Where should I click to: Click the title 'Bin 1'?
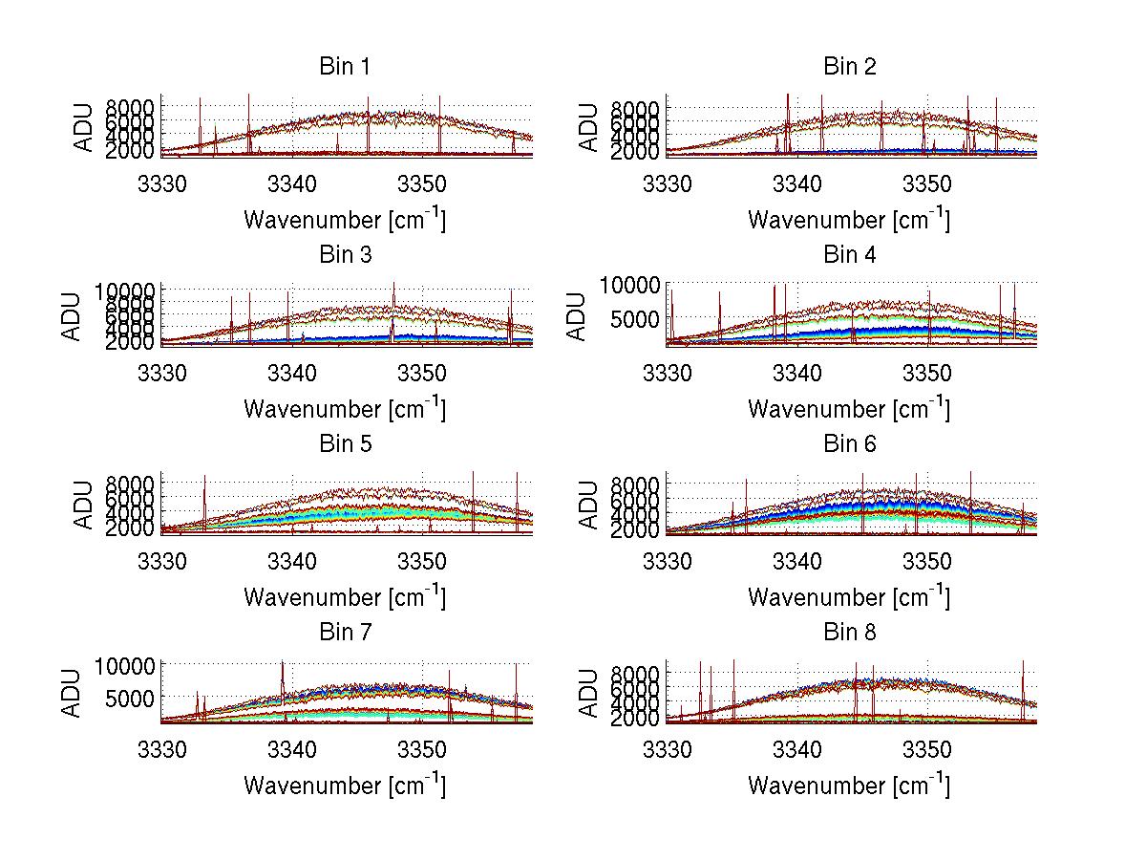(345, 67)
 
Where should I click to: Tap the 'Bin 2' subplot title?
(850, 67)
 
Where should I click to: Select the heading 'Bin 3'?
(345, 255)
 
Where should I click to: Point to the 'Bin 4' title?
(850, 255)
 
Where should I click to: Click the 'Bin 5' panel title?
(345, 444)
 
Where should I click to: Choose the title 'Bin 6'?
(850, 444)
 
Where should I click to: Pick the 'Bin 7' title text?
(345, 633)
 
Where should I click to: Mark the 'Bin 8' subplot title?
(850, 633)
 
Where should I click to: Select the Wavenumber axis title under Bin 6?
(848, 597)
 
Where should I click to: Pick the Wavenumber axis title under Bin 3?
(344, 409)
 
